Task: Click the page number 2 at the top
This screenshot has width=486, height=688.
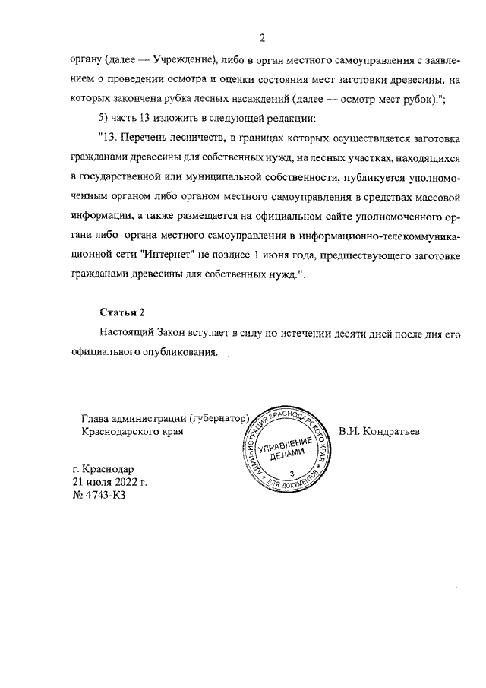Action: (261, 37)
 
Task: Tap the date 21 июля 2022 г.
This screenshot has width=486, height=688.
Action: (109, 483)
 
